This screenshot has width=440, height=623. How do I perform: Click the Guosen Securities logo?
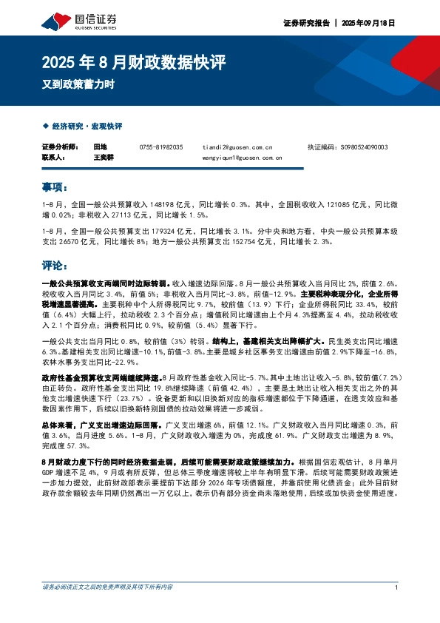pyautogui.click(x=72, y=20)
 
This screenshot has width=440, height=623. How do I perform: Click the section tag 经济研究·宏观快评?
pyautogui.click(x=86, y=126)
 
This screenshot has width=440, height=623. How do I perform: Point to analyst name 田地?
pyautogui.click(x=100, y=147)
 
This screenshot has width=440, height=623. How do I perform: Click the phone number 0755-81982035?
pyautogui.click(x=160, y=147)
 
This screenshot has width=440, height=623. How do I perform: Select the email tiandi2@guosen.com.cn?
pyautogui.click(x=237, y=147)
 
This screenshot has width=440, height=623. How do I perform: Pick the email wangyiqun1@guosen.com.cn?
pyautogui.click(x=242, y=158)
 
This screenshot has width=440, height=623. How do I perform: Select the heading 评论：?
pyautogui.click(x=55, y=264)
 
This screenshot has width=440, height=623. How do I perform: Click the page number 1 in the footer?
pyautogui.click(x=397, y=608)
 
